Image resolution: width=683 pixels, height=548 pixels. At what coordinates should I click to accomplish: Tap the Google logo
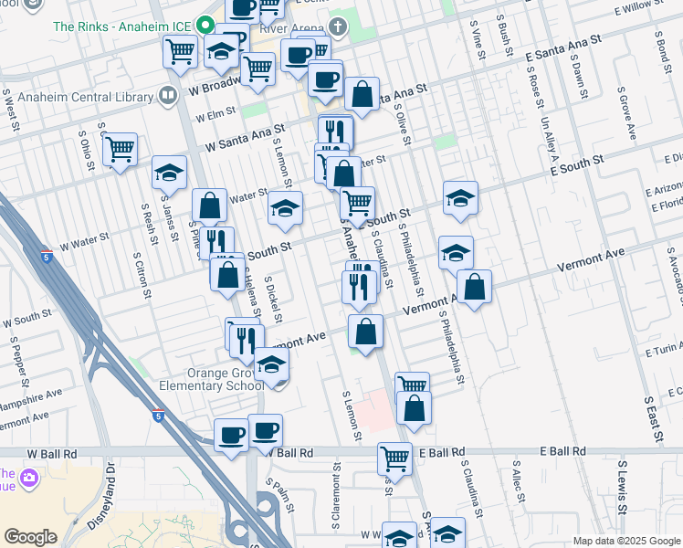(x=30, y=537)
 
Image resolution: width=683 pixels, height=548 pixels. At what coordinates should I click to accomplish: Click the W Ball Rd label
(x=55, y=453)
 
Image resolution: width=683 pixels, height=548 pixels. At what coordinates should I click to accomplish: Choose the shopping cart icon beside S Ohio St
(x=120, y=148)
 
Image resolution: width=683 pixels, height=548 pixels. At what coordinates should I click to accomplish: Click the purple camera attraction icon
(x=29, y=478)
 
